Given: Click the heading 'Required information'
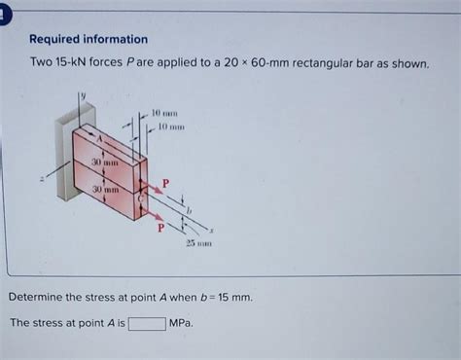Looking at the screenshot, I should (x=89, y=40).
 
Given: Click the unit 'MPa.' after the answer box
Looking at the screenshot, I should (x=181, y=322).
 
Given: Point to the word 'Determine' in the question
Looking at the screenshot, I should (x=39, y=296).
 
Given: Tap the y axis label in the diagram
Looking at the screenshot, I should (x=83, y=94).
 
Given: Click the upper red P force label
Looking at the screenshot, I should (x=164, y=182).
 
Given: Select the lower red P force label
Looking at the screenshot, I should (x=160, y=228).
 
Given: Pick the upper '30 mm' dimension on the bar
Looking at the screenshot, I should (x=104, y=162).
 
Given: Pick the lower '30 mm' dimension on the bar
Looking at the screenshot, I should (x=104, y=189).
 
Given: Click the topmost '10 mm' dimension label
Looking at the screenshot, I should (x=162, y=113).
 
